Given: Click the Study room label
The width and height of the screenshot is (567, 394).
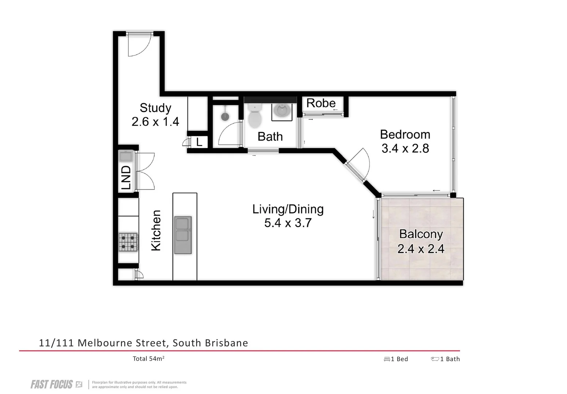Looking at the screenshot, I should [156, 108].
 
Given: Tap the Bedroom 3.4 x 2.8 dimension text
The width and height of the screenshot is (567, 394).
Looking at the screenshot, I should [405, 149].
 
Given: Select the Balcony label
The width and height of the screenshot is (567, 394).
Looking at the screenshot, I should [421, 234].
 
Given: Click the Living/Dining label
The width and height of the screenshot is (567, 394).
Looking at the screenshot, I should [288, 209].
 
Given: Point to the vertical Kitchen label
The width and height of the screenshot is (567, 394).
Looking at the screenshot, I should [156, 230].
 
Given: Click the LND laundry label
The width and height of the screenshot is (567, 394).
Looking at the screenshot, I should [126, 178].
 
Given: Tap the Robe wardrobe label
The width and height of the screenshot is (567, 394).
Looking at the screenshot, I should [321, 104].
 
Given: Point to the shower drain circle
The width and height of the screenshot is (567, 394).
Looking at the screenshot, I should [225, 116].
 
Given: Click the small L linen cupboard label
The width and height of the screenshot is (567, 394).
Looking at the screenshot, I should [199, 142].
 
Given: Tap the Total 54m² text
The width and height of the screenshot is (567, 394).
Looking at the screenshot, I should [148, 359].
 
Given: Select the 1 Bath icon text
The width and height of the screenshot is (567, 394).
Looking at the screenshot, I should [445, 359].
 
